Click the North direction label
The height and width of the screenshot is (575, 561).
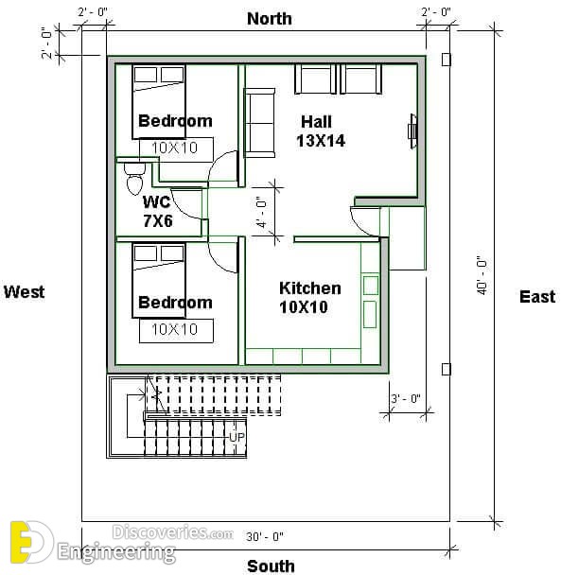[x=270, y=19]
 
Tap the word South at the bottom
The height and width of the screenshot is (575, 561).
[x=271, y=566]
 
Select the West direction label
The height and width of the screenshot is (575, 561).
[x=25, y=292]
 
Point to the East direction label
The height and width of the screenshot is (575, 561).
[x=537, y=296]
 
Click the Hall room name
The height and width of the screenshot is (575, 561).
[x=316, y=122]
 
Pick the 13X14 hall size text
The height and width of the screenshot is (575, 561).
[x=321, y=141]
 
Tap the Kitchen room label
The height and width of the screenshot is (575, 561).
[x=310, y=288]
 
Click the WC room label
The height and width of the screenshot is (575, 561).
[x=156, y=202]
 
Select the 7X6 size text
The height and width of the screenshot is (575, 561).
[x=158, y=220]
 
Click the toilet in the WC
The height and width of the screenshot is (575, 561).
[x=134, y=179]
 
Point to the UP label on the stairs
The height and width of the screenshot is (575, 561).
[x=237, y=437]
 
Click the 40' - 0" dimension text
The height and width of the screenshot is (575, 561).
[x=482, y=274]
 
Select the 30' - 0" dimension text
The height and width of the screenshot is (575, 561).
[x=265, y=537]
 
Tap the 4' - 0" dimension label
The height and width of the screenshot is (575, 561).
[x=262, y=212]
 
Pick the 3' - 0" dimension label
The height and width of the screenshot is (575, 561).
[x=406, y=398]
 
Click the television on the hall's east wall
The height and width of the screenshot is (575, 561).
[x=412, y=131]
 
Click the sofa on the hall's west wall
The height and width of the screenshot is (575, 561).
[x=259, y=123]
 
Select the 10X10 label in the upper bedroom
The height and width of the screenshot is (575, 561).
[x=175, y=148]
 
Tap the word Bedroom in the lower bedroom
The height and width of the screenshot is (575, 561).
[x=175, y=303]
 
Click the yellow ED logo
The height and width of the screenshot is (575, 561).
[x=29, y=542]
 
